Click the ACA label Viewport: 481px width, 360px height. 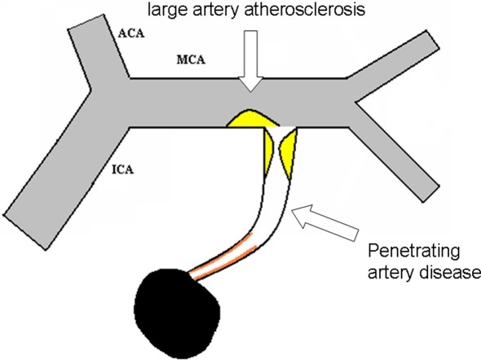[x=131, y=33]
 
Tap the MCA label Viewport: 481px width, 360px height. [x=191, y=59]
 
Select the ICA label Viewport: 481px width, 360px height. [x=123, y=169]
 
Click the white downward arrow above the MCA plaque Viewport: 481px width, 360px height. [x=251, y=60]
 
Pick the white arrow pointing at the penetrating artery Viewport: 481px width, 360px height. [x=324, y=222]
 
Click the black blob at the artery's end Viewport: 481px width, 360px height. [x=177, y=312]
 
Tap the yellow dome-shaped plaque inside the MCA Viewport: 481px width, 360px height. [x=253, y=119]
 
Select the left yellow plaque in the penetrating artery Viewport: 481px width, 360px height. [x=268, y=151]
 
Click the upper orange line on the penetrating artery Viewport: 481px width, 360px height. [x=220, y=253]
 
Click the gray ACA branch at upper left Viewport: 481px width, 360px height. [x=98, y=52]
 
